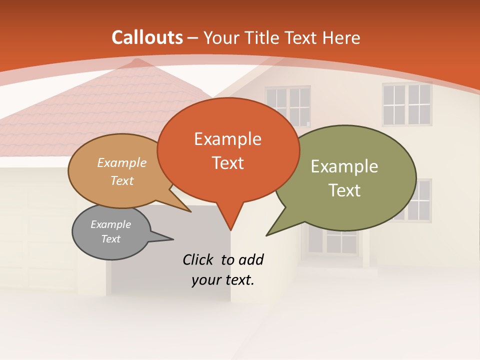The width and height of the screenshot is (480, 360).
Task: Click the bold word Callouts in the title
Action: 147,37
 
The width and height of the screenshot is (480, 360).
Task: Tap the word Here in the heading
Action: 341,37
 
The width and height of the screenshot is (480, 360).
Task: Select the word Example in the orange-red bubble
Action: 227,139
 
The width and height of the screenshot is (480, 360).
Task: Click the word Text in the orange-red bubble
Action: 227,163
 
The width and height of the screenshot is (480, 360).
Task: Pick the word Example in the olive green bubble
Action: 344,166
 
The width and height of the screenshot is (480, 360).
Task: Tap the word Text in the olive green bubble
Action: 344,190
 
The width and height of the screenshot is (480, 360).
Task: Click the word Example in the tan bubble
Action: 122,163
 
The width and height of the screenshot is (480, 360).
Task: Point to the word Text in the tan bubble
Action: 122,180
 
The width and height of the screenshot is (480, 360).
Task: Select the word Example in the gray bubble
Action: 111,224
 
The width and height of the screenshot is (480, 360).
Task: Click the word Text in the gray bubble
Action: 111,239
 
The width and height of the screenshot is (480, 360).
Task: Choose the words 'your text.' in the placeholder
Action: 223,280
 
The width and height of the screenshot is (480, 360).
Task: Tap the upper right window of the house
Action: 407,104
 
